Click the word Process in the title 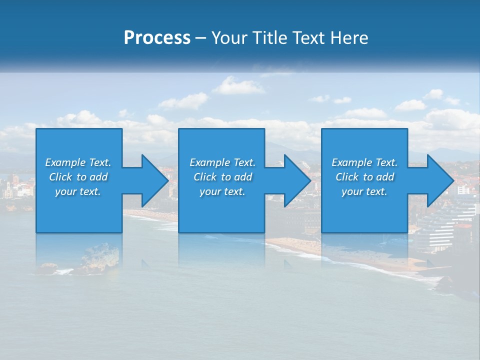pos(157,38)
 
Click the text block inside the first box pos(78,177)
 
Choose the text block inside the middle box pos(222,177)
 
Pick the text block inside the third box pos(364,177)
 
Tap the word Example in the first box pos(65,162)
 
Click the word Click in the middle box pos(205,177)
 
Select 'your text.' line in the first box pos(78,191)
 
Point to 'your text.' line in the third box pos(364,191)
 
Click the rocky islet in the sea pos(100,257)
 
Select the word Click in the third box pos(347,177)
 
